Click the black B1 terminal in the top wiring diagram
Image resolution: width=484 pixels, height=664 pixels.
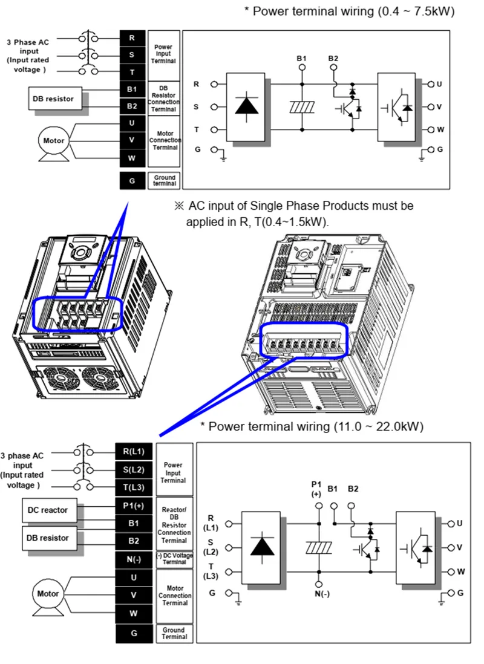[132, 90]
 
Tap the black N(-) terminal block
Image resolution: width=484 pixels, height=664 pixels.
[134, 559]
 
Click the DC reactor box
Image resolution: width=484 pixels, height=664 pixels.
[48, 510]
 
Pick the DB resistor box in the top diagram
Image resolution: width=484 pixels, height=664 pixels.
[56, 98]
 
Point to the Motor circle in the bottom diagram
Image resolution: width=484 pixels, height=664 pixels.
[48, 594]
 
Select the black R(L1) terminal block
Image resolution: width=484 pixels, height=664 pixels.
[134, 451]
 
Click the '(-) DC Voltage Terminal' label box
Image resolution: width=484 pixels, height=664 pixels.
[174, 559]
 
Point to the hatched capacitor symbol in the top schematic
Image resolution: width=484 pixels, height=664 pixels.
[302, 106]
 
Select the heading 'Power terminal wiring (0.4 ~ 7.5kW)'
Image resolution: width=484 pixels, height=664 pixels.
[349, 11]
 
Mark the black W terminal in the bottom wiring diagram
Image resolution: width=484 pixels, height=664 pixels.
[134, 613]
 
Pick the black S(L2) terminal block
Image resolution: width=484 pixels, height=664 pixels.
[134, 469]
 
